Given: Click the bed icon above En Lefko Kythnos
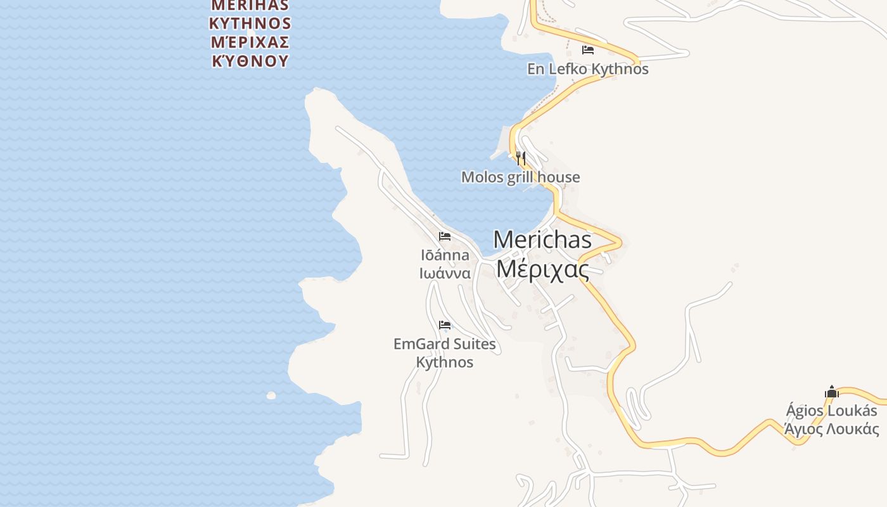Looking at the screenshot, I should [588, 50].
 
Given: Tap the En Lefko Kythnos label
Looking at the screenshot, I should [588, 69].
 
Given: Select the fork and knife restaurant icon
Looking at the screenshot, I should [521, 158].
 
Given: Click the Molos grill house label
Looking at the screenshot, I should [520, 177].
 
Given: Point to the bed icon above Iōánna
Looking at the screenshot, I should [445, 237].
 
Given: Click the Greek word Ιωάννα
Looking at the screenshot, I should [445, 273].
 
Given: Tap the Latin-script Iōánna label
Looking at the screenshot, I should [445, 255].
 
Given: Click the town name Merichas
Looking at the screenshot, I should [542, 240].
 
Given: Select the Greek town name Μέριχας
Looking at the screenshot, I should [542, 269].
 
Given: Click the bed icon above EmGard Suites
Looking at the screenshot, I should [445, 326].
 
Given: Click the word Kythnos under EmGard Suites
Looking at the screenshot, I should [445, 363].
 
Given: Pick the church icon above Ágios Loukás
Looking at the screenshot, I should [832, 392].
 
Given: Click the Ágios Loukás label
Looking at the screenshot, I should [831, 411].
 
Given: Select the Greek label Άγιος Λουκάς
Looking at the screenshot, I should [831, 429].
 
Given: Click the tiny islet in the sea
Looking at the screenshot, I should [271, 395].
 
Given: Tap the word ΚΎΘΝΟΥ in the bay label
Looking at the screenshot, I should [250, 61].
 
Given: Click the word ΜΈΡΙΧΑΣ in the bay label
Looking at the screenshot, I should [250, 42].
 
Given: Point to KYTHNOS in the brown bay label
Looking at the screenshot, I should [250, 24].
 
